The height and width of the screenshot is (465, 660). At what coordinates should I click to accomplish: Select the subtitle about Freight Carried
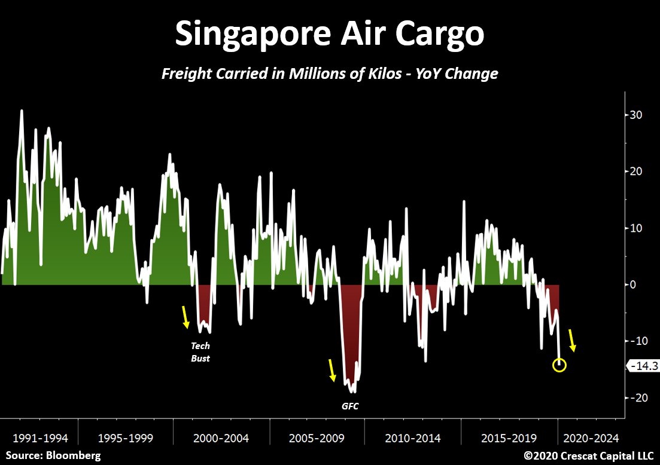point(330,74)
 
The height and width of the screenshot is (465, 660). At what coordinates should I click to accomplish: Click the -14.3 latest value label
point(641,365)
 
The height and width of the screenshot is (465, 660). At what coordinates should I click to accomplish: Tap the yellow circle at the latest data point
point(559,365)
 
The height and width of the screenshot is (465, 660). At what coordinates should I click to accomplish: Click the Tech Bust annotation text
point(200,352)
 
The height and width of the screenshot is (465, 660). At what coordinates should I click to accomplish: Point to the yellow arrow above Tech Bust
point(186,317)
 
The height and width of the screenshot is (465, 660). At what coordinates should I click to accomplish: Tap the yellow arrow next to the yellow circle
point(572,339)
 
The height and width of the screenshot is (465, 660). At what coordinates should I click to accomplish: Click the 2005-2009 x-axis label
point(317,438)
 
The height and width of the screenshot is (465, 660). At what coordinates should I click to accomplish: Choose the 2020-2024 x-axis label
point(590,438)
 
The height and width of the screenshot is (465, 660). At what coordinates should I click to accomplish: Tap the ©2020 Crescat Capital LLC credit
point(588,455)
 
